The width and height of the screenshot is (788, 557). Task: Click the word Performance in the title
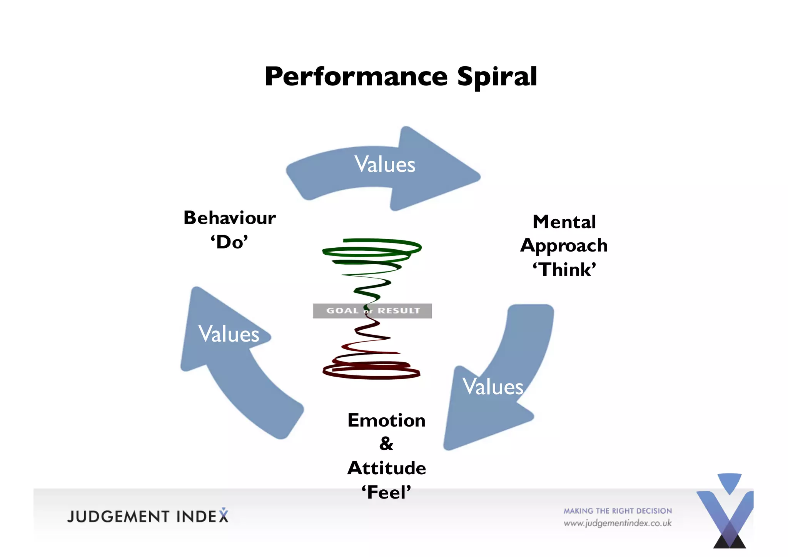[356, 77]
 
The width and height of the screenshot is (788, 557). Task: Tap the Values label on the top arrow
[384, 164]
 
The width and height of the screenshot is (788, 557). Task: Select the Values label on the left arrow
[229, 334]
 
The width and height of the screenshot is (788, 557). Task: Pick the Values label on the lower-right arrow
[492, 387]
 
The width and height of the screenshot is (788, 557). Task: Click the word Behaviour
[230, 218]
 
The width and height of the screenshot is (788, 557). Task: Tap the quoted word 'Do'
[229, 242]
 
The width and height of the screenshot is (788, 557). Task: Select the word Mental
[564, 222]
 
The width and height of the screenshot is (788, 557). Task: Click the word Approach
[564, 246]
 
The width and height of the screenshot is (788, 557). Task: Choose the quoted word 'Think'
[564, 270]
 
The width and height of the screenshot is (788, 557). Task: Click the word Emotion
[386, 420]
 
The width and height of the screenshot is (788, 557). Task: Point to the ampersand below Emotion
[386, 444]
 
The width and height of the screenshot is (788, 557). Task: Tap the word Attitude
[386, 468]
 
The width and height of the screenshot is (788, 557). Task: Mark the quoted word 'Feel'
[386, 492]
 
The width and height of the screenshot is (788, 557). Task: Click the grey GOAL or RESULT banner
[372, 311]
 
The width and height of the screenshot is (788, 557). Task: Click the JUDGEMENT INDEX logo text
[148, 516]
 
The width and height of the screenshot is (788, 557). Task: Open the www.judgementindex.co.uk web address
[618, 523]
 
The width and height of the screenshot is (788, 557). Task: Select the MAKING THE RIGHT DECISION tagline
[618, 511]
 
